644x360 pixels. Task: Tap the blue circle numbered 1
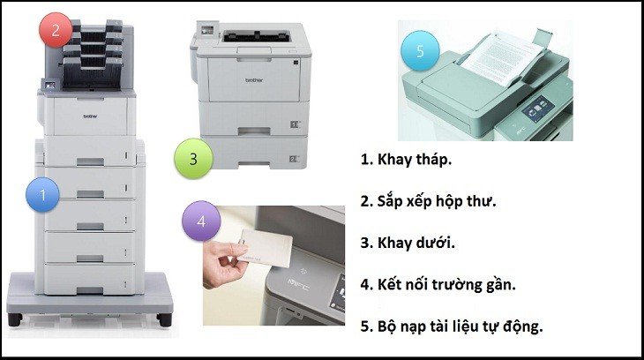pyautogui.click(x=43, y=193)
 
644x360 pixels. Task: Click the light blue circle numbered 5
pyautogui.click(x=420, y=50)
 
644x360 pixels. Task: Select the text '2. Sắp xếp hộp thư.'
pyautogui.click(x=428, y=201)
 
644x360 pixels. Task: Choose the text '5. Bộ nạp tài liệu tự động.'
pyautogui.click(x=450, y=325)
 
